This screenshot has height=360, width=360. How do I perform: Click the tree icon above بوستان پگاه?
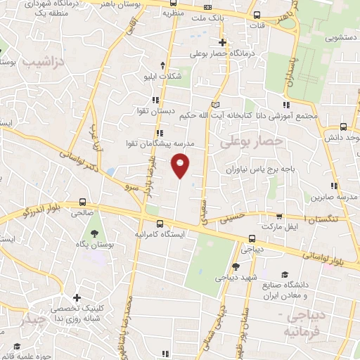coord(94,233)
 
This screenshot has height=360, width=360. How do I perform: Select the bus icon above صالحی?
coord(83,200)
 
